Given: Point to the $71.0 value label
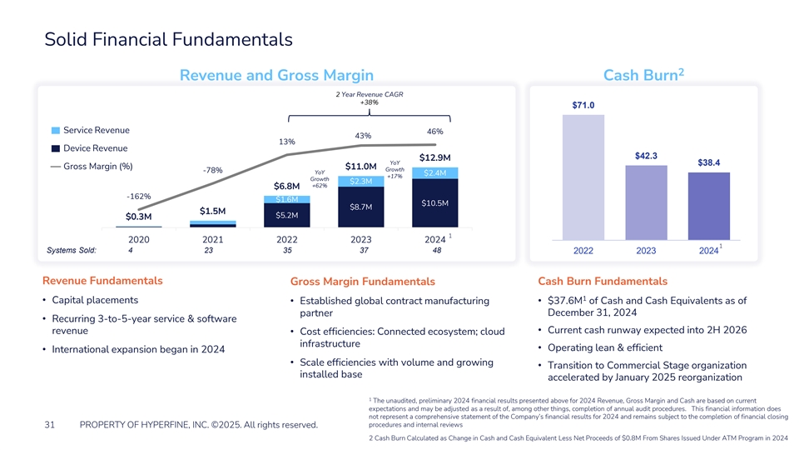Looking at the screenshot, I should pyautogui.click(x=583, y=104).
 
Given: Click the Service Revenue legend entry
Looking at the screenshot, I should pyautogui.click(x=90, y=131).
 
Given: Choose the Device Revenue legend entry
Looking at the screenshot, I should pyautogui.click(x=89, y=148).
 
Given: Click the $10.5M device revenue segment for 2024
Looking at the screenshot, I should pyautogui.click(x=434, y=202).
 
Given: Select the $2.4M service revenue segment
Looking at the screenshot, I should pyautogui.click(x=434, y=173).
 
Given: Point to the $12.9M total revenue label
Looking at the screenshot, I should pyautogui.click(x=434, y=157).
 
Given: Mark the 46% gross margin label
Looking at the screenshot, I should pyautogui.click(x=434, y=132).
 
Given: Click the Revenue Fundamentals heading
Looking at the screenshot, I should pyautogui.click(x=102, y=280).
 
